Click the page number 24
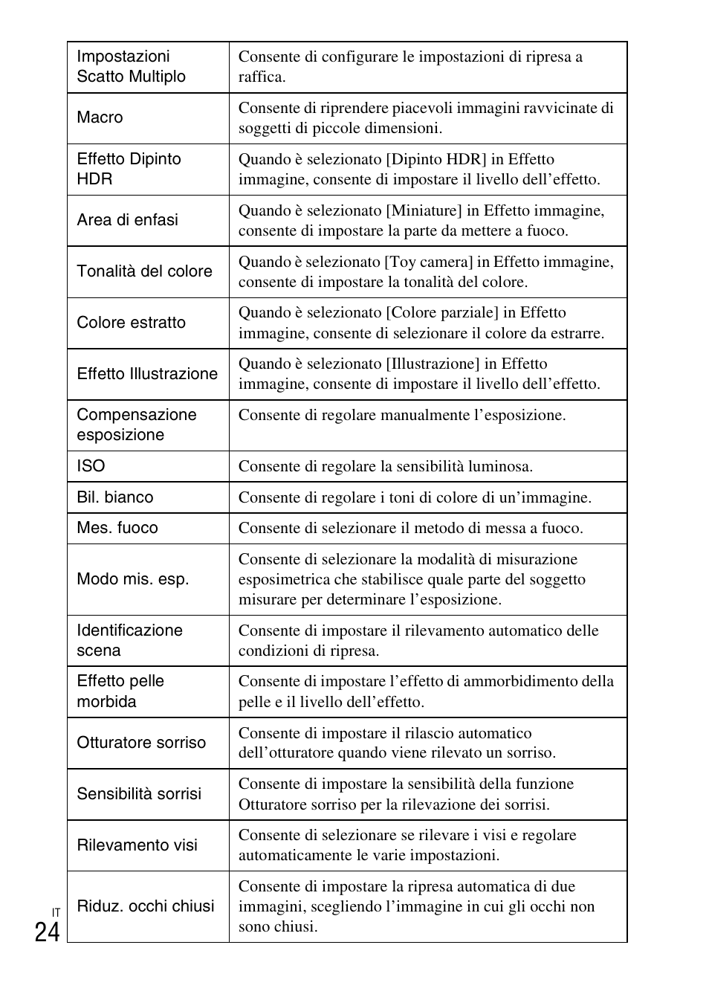[x=47, y=932]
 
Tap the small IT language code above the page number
[x=56, y=912]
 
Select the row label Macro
[x=100, y=117]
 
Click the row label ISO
[x=91, y=466]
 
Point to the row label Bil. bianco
[x=114, y=497]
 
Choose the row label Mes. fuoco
[x=117, y=528]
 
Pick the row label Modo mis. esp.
[x=132, y=579]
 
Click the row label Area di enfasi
[x=127, y=220]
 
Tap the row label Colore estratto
[x=131, y=323]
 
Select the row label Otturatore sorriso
[x=140, y=743]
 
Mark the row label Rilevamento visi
[x=137, y=845]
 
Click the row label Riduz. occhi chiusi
[x=145, y=906]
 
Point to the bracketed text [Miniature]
[x=423, y=210]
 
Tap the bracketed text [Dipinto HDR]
[x=433, y=159]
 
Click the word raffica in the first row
[x=260, y=77]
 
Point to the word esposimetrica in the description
[x=285, y=579]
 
